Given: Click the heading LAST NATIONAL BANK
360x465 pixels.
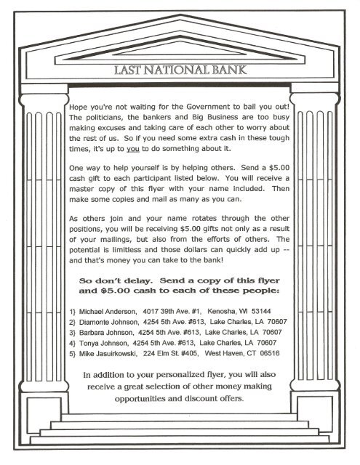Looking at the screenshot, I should click(x=180, y=70).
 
